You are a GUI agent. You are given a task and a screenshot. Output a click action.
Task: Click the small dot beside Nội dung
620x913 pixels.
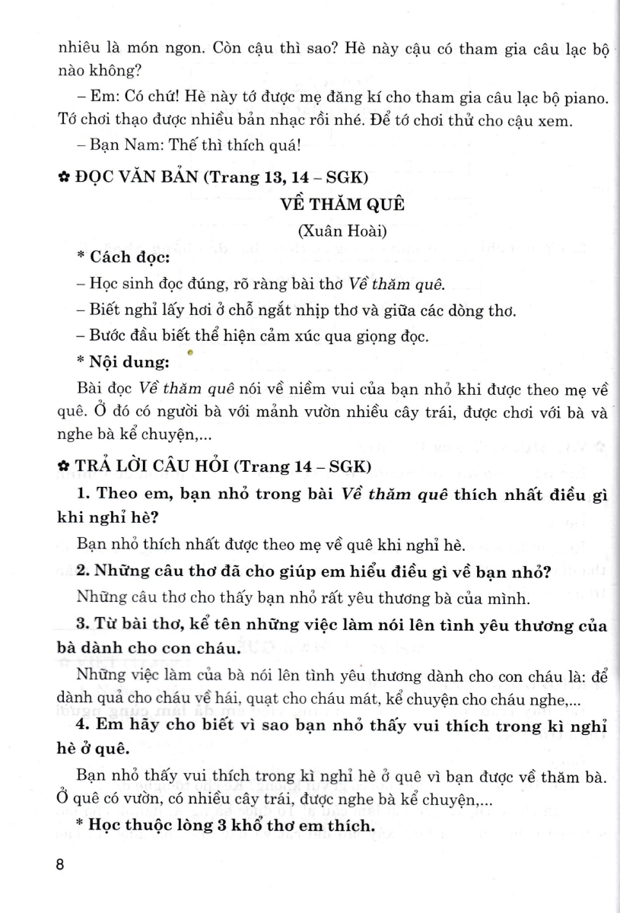tap(189, 353)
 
